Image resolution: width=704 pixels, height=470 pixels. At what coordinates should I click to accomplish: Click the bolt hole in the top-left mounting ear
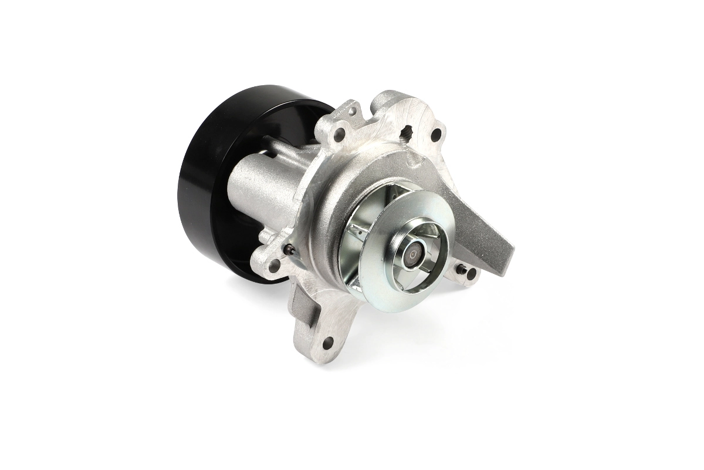click(339, 135)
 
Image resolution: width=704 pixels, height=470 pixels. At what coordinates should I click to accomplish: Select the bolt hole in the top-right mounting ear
click(435, 135)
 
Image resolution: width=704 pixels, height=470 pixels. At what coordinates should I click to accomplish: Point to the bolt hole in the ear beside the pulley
click(274, 266)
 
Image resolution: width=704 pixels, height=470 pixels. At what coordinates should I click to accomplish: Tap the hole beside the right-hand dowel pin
click(471, 273)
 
